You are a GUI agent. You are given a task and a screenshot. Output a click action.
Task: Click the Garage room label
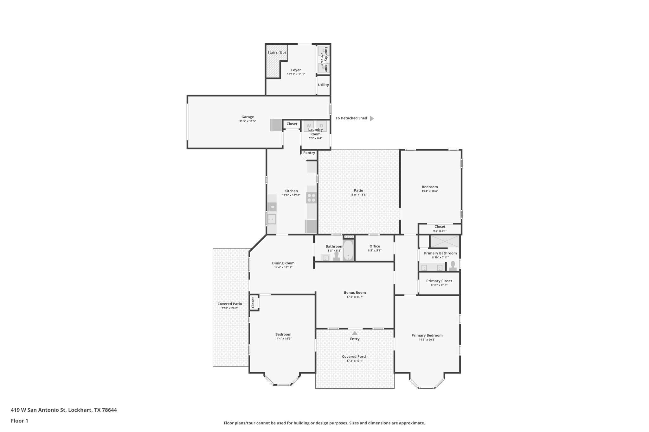247,117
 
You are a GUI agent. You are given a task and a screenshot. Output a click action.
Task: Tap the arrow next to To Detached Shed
372,118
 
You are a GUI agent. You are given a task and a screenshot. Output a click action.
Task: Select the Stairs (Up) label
276,53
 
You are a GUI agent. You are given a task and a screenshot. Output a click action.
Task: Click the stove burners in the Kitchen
311,198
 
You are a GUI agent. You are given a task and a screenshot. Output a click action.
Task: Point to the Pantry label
309,153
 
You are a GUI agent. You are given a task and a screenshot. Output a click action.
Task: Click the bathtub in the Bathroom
348,250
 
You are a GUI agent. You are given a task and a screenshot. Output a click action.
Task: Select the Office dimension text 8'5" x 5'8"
375,250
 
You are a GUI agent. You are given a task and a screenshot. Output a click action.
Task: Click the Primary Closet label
439,281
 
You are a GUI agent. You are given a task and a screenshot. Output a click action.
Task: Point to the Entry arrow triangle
355,333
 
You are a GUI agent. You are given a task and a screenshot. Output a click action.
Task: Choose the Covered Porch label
355,356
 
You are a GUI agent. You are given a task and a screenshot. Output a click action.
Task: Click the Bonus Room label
355,293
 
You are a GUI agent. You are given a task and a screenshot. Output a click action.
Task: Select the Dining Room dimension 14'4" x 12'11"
283,267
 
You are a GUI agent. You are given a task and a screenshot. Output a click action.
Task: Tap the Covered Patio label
229,304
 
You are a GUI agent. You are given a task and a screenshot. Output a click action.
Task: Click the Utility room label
323,85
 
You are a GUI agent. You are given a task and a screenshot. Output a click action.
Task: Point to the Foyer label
296,70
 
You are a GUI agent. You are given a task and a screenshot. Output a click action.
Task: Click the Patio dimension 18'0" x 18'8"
358,195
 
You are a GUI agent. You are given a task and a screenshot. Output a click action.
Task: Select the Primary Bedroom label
427,335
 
